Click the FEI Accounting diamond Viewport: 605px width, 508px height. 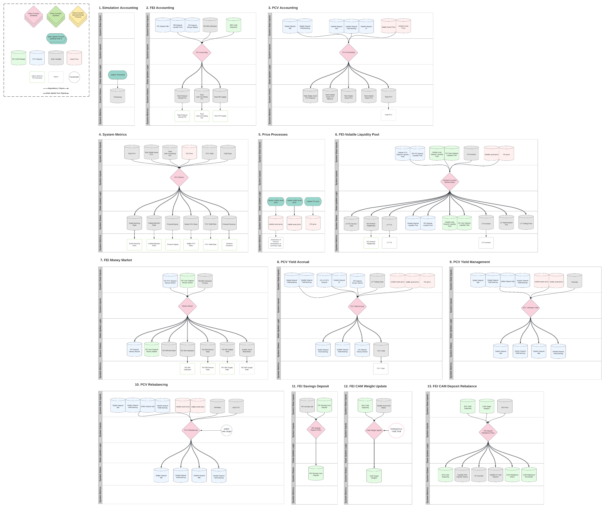click(x=202, y=52)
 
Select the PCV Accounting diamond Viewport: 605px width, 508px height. click(x=348, y=52)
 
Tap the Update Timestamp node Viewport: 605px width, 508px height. click(x=118, y=75)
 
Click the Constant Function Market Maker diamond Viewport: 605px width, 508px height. click(x=449, y=181)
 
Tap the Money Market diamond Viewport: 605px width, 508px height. click(x=187, y=306)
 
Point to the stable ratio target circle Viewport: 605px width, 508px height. click(x=226, y=430)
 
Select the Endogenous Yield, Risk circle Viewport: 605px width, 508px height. click(x=396, y=430)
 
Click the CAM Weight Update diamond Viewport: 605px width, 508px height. click(x=374, y=430)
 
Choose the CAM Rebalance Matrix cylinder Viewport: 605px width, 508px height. click(x=512, y=476)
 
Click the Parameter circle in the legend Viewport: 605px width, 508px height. click(x=74, y=77)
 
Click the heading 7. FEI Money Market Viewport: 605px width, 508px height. click(x=116, y=260)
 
